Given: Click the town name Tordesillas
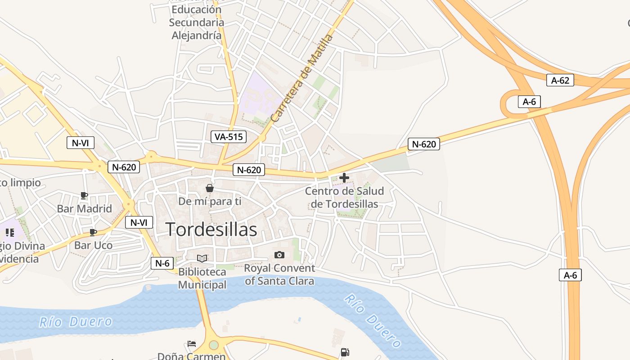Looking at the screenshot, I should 211,229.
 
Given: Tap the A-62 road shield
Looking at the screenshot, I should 560,81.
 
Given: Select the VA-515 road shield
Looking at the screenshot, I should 229,137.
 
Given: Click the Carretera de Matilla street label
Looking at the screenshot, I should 302,78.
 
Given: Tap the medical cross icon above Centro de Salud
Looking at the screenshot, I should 344,178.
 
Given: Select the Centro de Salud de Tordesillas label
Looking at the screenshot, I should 344,198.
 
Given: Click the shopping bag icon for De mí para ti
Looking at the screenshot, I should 210,188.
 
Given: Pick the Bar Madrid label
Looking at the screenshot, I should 84,209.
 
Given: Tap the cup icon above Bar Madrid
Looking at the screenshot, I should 84,195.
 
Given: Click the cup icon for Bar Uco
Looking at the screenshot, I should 93,232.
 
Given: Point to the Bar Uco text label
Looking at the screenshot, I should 93,246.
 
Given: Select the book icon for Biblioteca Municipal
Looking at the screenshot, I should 202,258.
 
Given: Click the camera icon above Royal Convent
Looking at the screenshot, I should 279,255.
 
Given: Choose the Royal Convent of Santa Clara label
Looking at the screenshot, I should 279,274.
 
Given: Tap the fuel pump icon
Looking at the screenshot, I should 345,352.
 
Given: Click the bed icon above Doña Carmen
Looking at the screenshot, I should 192,344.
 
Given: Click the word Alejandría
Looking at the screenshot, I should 197,35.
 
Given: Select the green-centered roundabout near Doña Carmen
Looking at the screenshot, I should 214,345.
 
